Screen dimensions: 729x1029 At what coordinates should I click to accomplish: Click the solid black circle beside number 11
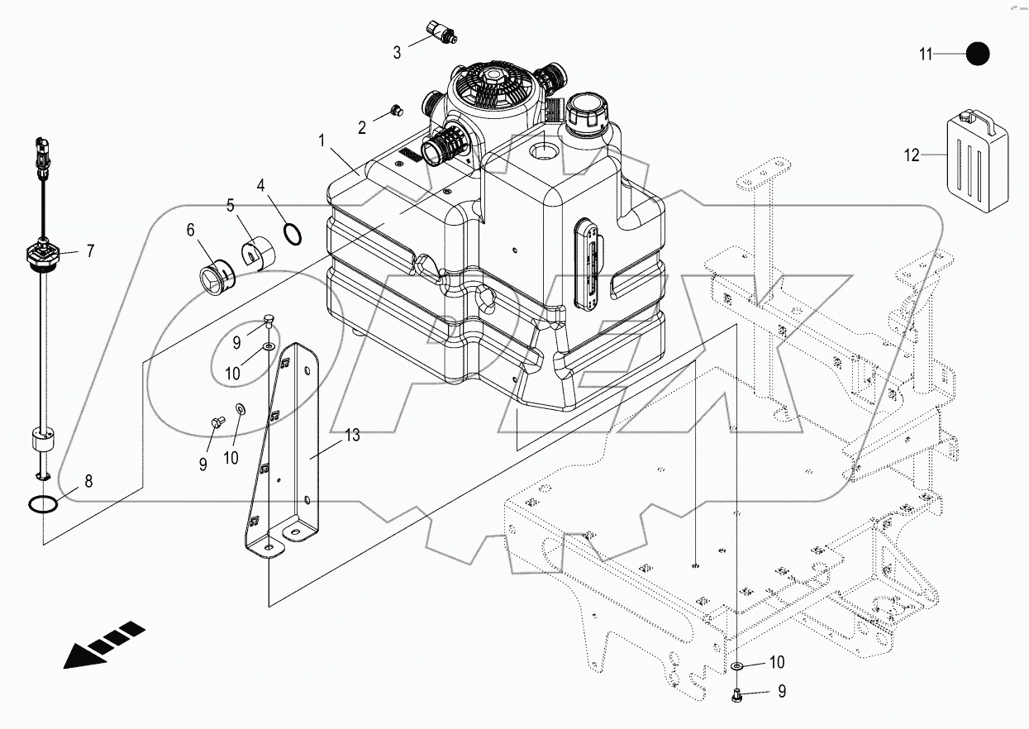tap(977, 54)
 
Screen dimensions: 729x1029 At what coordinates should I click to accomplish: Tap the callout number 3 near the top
tap(397, 53)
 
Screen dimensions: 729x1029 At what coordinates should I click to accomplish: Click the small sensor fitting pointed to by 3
tap(441, 31)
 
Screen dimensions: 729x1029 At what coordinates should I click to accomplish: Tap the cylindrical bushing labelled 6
tap(220, 277)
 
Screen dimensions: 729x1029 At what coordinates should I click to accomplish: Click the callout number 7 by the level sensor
tap(90, 250)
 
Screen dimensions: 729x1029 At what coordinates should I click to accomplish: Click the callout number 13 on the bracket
tap(353, 436)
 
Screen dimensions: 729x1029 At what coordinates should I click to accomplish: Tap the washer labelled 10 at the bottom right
tap(736, 666)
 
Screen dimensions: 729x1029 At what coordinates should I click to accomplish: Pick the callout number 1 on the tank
tap(322, 141)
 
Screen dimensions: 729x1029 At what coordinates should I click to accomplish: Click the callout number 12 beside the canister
tap(911, 155)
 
